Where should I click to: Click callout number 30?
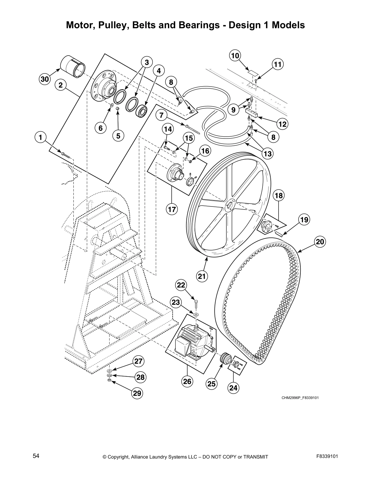coord(45,80)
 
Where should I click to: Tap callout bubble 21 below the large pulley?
coord(202,276)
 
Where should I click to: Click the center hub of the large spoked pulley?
coord(230,206)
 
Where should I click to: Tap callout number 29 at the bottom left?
coord(137,393)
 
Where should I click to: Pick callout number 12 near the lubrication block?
coord(282,124)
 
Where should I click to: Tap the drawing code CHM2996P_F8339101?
coord(300,397)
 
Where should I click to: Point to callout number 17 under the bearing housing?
coord(172,209)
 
